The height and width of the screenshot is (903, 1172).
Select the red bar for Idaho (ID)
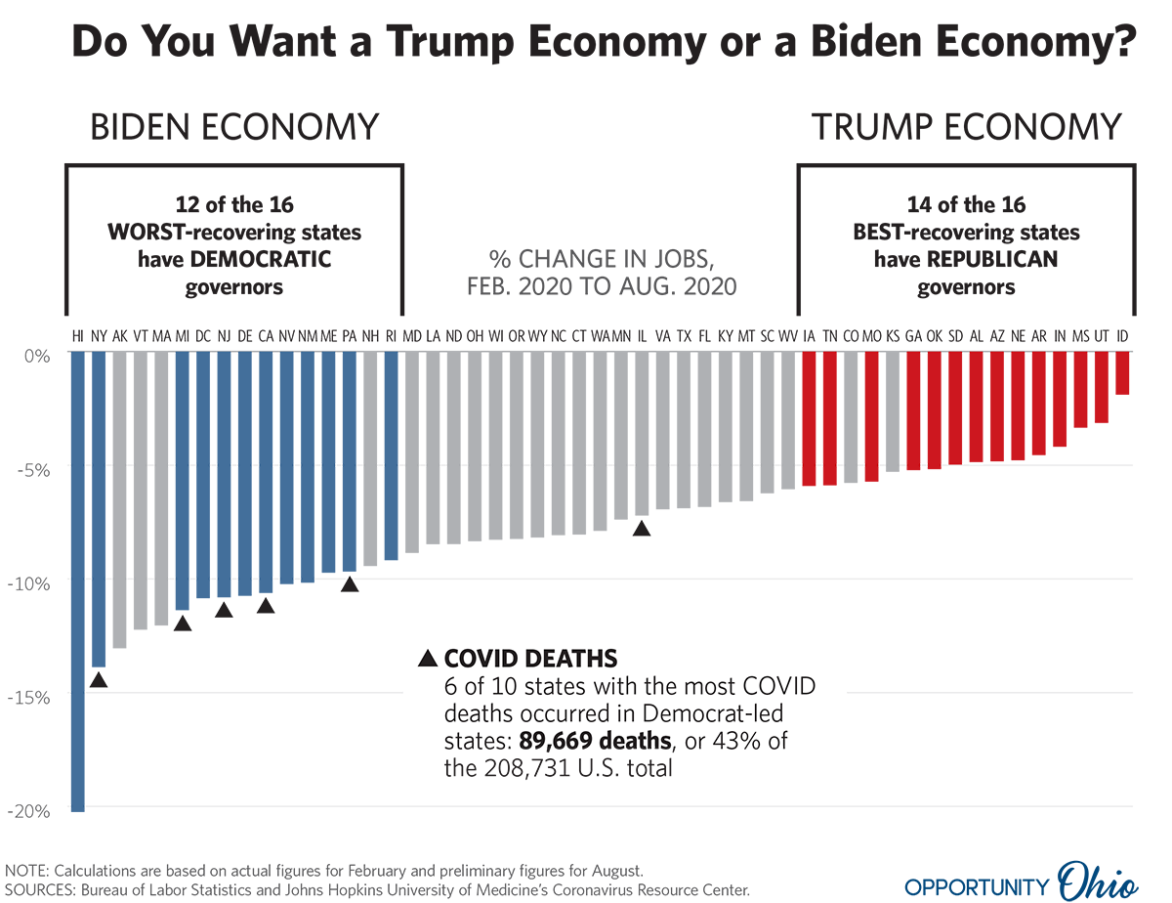(x=1122, y=373)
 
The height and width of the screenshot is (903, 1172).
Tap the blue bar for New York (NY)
(x=99, y=508)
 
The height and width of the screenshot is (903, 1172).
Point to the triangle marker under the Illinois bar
(x=642, y=529)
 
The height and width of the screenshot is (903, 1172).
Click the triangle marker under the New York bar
(x=99, y=680)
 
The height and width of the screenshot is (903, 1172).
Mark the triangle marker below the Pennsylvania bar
(x=350, y=584)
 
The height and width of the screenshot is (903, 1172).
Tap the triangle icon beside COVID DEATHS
(x=428, y=659)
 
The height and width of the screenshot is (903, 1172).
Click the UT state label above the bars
(x=1101, y=336)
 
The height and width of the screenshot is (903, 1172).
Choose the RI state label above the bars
(x=392, y=336)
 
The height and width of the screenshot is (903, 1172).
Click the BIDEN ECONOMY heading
(x=234, y=128)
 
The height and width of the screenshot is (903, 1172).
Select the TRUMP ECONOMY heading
(x=966, y=128)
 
